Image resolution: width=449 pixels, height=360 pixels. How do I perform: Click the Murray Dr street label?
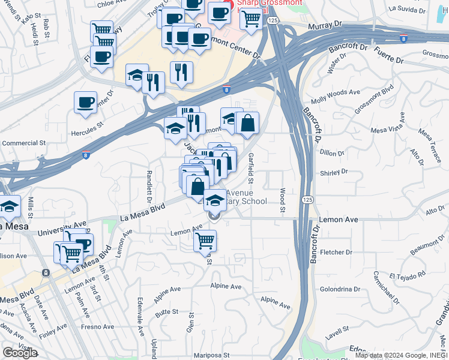coord(324,27)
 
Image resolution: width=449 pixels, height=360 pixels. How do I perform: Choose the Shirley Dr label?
coord(335,173)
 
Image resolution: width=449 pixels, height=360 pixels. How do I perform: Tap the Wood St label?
coord(282,200)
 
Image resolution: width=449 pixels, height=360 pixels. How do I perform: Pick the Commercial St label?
coord(24,143)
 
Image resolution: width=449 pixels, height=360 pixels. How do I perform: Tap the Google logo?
coord(20,353)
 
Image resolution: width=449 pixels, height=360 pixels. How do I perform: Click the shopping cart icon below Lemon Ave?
coord(205,241)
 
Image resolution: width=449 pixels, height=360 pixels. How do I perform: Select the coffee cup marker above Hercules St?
coord(85,102)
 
